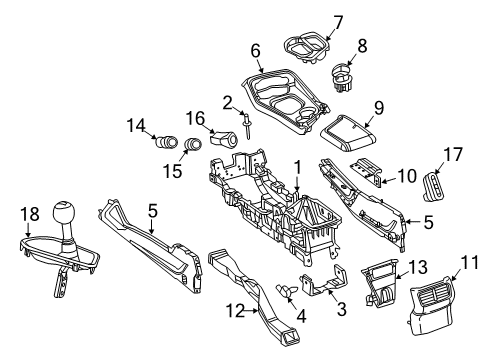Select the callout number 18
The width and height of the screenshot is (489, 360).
(31, 215)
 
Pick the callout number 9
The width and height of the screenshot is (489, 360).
(378, 108)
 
